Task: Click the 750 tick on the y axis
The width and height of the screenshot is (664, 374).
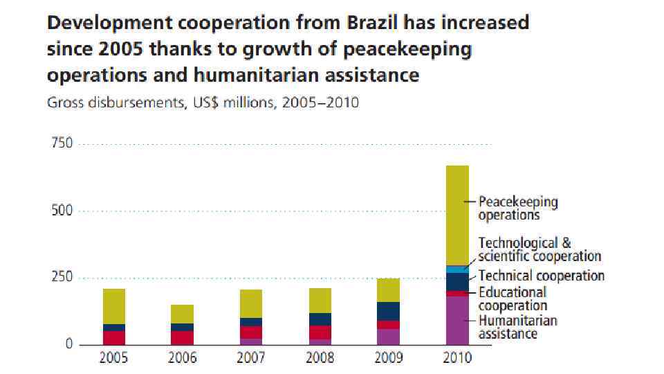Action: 62,144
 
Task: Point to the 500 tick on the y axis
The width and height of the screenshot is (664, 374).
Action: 62,211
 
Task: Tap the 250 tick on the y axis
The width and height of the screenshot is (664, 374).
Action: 62,277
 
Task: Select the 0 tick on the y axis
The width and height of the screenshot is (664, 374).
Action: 68,344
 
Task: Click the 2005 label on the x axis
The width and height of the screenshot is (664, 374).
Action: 114,358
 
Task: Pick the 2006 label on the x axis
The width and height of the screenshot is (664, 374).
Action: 183,358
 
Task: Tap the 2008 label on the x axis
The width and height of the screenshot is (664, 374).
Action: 320,358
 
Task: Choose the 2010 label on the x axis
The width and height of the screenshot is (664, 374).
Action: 457,358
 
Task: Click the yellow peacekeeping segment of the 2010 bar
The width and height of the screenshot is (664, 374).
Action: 457,215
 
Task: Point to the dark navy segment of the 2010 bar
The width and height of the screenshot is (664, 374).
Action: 457,281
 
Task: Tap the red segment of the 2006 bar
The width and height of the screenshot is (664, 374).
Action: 183,337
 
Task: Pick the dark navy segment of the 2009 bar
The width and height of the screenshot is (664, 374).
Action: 389,311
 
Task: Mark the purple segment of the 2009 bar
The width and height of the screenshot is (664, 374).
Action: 389,337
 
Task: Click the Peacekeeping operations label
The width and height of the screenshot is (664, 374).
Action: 518,208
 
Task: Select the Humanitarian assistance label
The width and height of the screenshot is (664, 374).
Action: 518,327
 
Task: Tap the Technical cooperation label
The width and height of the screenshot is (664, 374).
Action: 541,276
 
